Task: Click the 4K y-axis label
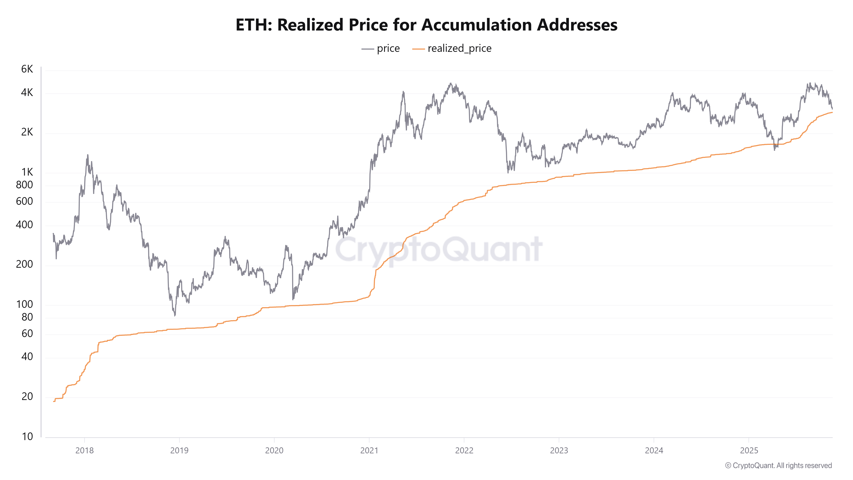click(27, 92)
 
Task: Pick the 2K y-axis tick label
click(27, 132)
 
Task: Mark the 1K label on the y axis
click(27, 172)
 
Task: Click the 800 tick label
click(25, 185)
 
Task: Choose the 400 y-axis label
click(25, 225)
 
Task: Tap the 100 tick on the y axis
click(25, 304)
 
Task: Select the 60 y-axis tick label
click(27, 334)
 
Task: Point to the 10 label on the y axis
click(27, 437)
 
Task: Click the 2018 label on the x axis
click(84, 451)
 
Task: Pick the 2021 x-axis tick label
click(369, 451)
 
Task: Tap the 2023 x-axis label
click(559, 451)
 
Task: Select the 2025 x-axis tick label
click(749, 451)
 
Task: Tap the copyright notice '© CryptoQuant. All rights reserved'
click(778, 465)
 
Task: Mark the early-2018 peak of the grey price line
click(88, 155)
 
